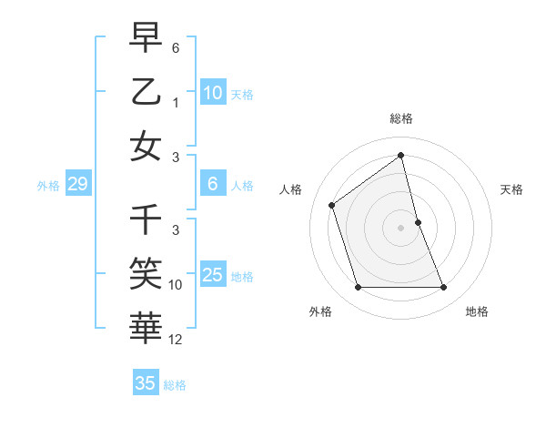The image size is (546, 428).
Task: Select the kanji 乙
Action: click(147, 92)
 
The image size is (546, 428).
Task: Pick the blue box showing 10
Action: click(213, 93)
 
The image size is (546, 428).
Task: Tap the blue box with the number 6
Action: click(213, 185)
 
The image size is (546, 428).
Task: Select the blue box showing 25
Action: click(213, 275)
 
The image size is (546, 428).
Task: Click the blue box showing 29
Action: click(77, 185)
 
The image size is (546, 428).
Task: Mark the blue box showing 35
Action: click(146, 383)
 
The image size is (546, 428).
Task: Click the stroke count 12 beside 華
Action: click(177, 340)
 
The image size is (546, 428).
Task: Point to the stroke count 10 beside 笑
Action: click(177, 286)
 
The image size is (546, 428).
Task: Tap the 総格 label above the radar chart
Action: click(401, 118)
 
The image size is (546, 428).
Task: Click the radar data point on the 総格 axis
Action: click(401, 156)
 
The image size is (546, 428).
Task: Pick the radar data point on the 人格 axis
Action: click(332, 205)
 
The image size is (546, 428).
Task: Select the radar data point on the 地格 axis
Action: click(444, 288)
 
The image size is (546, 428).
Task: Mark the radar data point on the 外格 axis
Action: click(358, 288)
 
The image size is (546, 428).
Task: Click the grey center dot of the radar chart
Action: click(401, 228)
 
